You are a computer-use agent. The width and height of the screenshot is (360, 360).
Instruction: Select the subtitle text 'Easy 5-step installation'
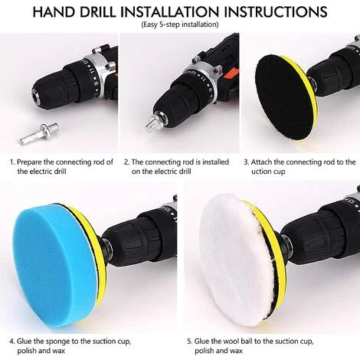(180, 25)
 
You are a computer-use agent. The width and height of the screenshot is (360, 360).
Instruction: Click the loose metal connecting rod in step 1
(39, 133)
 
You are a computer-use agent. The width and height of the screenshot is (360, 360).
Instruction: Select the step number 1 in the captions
(12, 162)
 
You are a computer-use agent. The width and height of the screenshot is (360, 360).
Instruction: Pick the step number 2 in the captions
(126, 162)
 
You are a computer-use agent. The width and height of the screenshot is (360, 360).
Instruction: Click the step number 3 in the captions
(246, 162)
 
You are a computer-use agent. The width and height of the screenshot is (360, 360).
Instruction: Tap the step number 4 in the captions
(12, 341)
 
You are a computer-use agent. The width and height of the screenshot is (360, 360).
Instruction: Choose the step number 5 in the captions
(190, 341)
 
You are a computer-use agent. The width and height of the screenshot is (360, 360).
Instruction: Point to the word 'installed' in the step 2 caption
(216, 162)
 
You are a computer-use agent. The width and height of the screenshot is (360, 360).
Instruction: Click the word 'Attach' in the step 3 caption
(261, 162)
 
